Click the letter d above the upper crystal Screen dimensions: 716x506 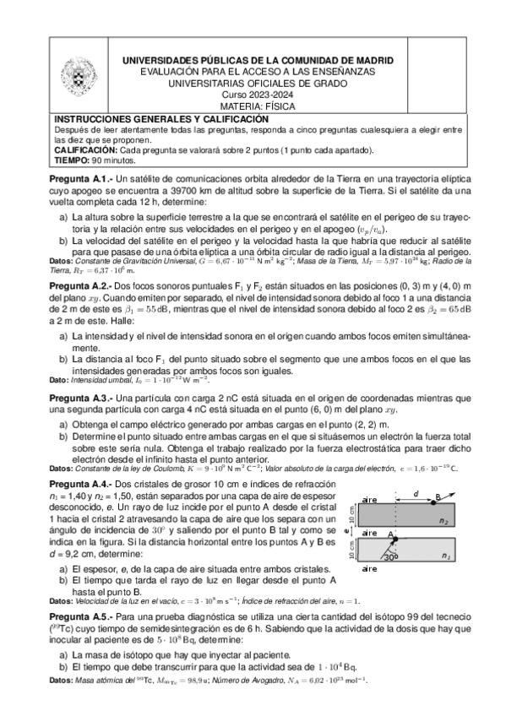coord(415,492)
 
